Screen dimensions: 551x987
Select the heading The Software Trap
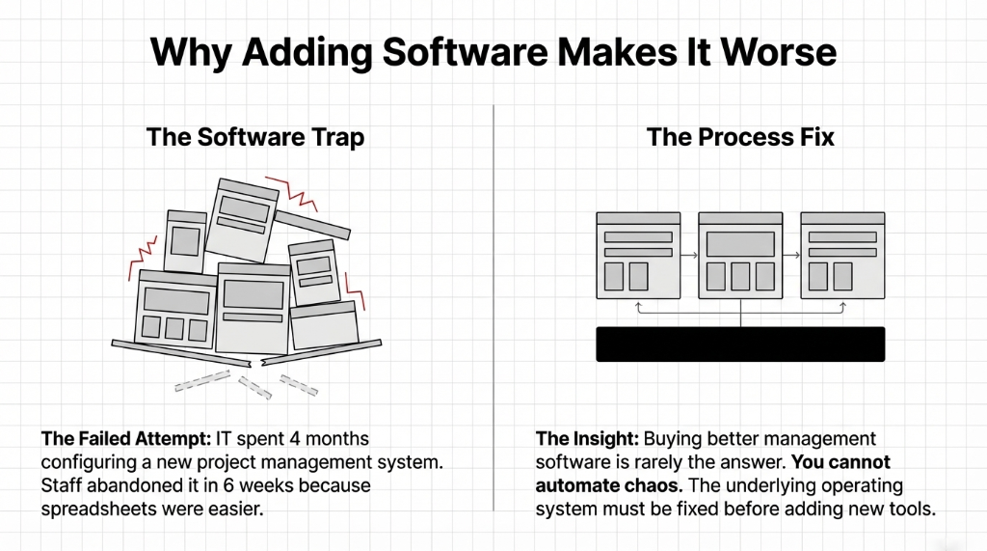[x=255, y=136]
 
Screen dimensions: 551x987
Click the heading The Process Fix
[x=740, y=136]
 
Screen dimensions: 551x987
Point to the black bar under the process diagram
[x=739, y=344]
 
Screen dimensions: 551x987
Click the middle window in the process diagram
[x=740, y=254]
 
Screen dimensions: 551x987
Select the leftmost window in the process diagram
[x=638, y=254]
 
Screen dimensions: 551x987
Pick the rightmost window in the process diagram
[x=842, y=254]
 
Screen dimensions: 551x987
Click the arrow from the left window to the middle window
[x=689, y=256]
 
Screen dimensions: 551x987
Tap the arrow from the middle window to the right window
[x=791, y=256]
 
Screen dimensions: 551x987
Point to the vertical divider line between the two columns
[x=493, y=309]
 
